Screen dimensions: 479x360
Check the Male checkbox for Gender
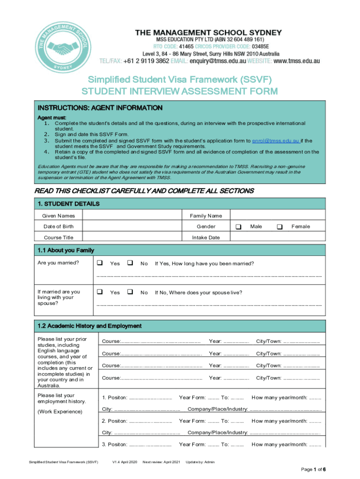(x=238, y=226)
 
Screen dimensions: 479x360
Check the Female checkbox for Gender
(x=280, y=226)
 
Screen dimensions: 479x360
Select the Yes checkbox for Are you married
(x=99, y=263)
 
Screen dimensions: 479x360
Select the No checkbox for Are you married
(x=130, y=263)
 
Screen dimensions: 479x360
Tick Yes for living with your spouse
(x=99, y=292)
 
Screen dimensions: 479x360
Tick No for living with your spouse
(x=130, y=292)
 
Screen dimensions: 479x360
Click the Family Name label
(x=206, y=216)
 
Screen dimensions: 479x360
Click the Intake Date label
(x=206, y=237)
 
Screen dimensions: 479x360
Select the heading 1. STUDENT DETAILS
(x=68, y=204)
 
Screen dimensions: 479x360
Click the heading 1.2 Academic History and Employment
(x=89, y=326)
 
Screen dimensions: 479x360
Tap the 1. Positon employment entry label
(x=115, y=398)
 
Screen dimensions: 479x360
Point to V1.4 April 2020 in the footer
(x=124, y=462)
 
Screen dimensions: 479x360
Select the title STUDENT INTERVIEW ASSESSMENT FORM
(x=180, y=91)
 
